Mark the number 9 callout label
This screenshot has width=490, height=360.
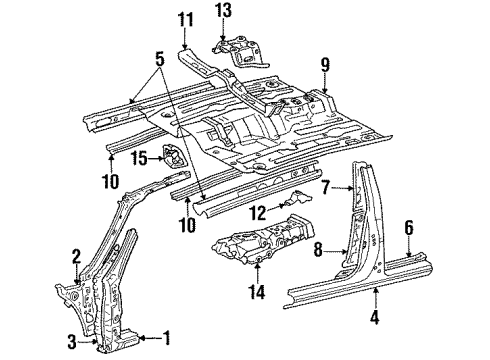[324, 66]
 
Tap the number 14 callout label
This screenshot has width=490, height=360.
[257, 293]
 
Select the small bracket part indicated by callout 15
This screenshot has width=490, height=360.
[174, 158]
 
